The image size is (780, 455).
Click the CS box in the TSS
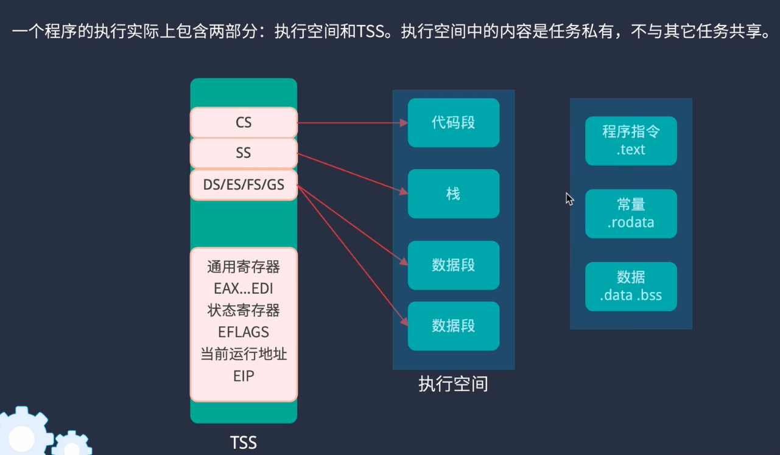[244, 122]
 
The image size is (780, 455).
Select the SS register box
[244, 153]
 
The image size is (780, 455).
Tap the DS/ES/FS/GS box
[244, 184]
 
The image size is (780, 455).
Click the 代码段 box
[454, 123]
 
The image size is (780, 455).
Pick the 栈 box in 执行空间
[454, 194]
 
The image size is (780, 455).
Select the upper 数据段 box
[454, 265]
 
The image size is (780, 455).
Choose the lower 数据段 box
[454, 326]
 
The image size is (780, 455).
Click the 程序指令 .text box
[631, 141]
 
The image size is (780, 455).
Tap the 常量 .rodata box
[631, 214]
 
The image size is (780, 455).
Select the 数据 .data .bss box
[631, 287]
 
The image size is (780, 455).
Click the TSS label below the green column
[244, 442]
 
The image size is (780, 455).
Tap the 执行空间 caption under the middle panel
[454, 384]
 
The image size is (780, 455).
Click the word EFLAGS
[244, 332]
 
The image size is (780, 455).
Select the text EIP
[244, 376]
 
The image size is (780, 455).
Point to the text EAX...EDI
[244, 288]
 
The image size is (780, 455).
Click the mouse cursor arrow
[569, 198]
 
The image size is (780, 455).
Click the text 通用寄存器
[244, 266]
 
